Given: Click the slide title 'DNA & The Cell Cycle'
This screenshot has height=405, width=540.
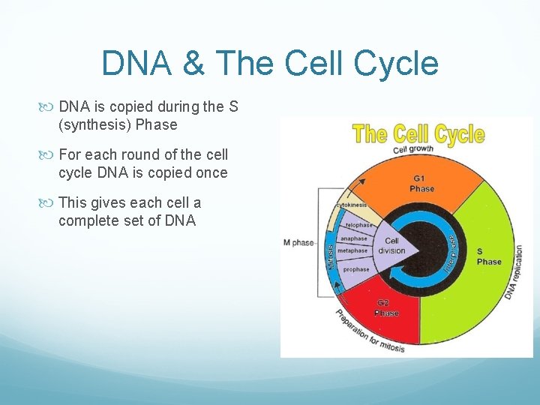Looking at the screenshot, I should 269,63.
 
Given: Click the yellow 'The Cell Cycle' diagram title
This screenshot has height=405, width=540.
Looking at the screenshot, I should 418,135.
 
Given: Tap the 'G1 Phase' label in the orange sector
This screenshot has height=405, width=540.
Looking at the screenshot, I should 421,184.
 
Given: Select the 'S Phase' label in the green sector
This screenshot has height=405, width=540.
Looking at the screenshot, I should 488,256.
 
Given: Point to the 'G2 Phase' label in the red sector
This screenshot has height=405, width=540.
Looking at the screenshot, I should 387,307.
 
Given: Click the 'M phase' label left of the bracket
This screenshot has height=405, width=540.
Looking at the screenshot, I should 298,242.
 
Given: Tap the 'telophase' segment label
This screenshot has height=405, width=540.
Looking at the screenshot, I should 358,225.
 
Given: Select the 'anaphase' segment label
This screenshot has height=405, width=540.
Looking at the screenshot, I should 354,238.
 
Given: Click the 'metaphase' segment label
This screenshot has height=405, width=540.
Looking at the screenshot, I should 352,251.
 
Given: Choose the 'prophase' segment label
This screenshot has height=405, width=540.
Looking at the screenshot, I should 355,269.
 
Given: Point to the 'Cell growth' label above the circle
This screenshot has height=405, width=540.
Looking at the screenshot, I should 414,150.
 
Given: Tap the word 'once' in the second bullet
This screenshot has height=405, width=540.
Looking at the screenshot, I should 210,172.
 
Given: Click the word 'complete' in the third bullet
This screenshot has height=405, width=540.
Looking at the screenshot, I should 86,220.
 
